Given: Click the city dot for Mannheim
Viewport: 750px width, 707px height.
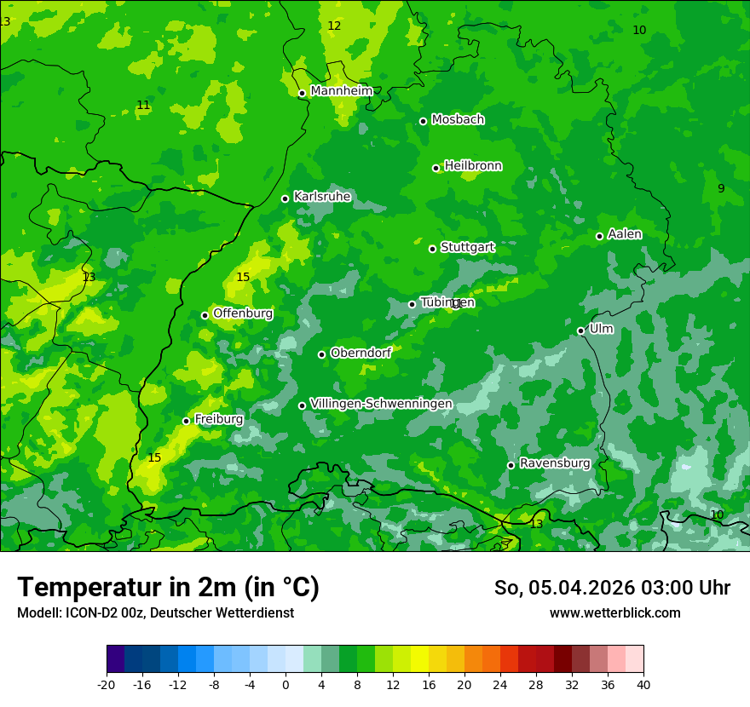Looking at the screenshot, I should point(302,94).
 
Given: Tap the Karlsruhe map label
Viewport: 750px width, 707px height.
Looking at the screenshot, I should point(322,197).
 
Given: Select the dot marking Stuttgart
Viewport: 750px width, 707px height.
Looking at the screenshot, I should point(432,249).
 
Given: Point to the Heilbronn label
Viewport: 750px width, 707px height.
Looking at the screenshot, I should point(473,166).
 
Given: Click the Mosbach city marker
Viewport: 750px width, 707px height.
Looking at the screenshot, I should point(423,121).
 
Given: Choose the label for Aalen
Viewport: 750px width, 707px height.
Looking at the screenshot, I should point(625,234).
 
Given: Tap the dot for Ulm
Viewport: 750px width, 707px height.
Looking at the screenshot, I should point(580,331).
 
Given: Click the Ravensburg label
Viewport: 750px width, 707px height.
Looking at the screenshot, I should point(555,463).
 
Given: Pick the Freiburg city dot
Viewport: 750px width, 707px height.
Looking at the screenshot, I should point(186,421).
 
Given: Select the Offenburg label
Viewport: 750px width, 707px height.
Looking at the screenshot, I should point(243,313).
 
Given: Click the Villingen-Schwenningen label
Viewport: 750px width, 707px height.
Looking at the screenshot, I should point(381,404).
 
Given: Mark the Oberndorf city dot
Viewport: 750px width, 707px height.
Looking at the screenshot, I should point(321,354).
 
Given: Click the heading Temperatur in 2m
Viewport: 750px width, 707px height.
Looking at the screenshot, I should point(168,588).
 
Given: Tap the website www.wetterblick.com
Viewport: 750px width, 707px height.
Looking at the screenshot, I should point(614,613).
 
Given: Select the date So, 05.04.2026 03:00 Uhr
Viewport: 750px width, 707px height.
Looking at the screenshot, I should point(612,588).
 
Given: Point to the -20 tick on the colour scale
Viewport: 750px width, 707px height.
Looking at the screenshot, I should point(107,684).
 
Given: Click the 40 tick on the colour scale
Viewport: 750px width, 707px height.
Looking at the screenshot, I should point(643,684).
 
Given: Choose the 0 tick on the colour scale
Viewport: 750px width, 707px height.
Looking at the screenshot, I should point(286,684).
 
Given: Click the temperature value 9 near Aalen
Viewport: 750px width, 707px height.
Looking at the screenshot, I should point(721,188).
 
